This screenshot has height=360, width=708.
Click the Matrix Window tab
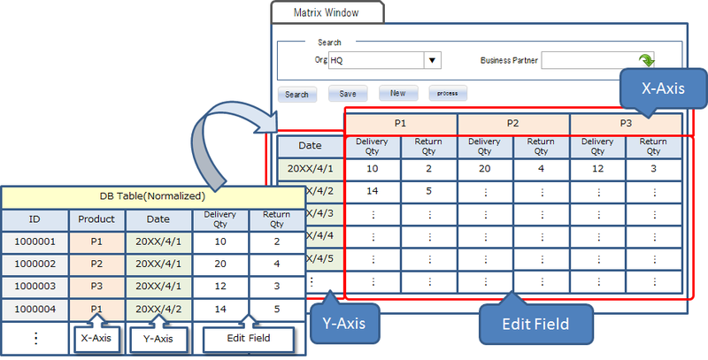(x=327, y=12)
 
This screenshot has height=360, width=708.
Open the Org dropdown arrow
(x=433, y=61)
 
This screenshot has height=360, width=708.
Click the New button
(x=398, y=93)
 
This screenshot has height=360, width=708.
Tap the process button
(x=448, y=93)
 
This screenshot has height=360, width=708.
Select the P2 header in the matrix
(x=512, y=124)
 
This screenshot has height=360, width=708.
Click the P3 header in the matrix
(x=625, y=124)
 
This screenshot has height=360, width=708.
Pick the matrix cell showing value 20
(x=484, y=169)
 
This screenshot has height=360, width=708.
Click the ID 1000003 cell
(x=35, y=287)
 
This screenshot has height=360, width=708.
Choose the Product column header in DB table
(x=96, y=218)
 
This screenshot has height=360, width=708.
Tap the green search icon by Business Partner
(x=647, y=60)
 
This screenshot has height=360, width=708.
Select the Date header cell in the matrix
(x=310, y=145)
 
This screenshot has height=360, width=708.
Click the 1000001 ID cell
(x=35, y=241)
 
